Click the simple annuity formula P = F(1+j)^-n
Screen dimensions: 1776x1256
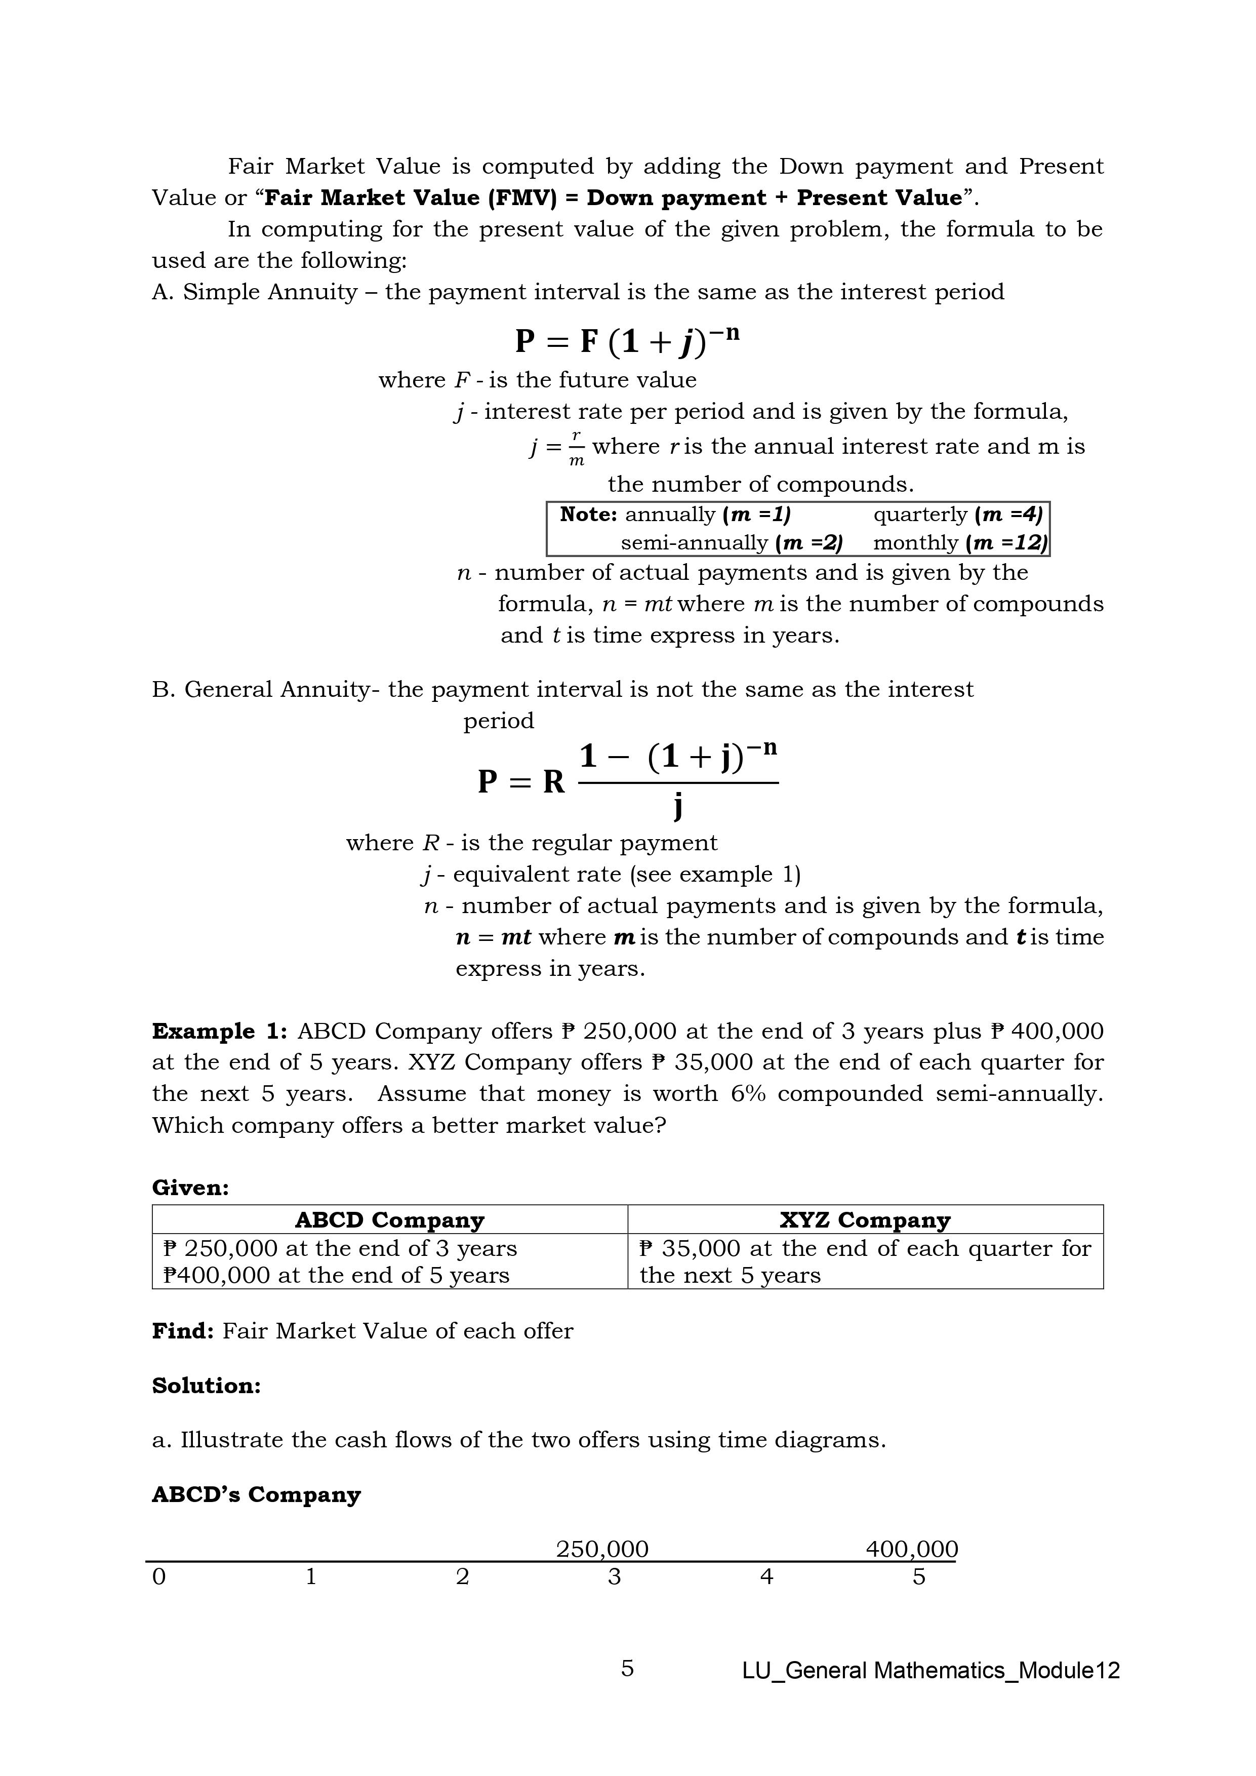[626, 340]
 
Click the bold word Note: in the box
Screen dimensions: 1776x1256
[588, 515]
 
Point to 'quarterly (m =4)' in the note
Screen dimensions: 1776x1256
[957, 515]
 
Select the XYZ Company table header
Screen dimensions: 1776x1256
[865, 1220]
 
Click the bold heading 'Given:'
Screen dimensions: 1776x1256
[190, 1188]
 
